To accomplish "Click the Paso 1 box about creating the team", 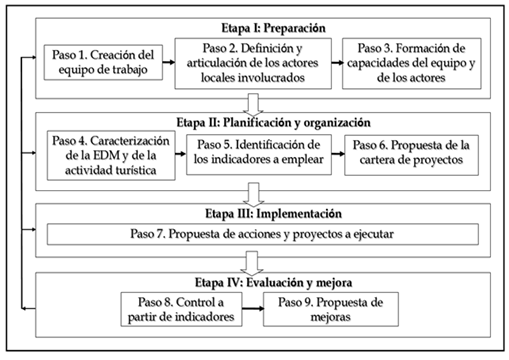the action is [x=103, y=62].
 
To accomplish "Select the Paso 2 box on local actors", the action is [x=253, y=63].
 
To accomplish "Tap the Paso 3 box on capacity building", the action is [x=412, y=63].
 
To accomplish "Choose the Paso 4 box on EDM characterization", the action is [x=111, y=155].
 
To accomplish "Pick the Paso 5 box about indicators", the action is [x=259, y=155].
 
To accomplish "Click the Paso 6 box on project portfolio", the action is [x=411, y=155].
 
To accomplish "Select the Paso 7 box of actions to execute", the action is [x=263, y=234].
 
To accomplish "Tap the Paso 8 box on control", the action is [x=181, y=309].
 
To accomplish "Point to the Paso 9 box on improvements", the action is [x=331, y=309].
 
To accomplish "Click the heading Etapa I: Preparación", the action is [x=273, y=28].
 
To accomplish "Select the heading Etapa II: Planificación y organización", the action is [x=273, y=122].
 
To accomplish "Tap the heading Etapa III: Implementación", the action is [x=273, y=214].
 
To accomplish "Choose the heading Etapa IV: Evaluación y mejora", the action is [x=273, y=283].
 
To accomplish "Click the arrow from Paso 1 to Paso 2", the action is [x=169, y=62].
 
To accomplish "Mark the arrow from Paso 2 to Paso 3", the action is [x=337, y=63].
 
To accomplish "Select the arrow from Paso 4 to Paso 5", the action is [x=181, y=154].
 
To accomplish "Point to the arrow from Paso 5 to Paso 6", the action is [x=338, y=154].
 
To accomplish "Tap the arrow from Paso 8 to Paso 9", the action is [x=253, y=308].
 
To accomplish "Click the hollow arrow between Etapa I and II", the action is [x=253, y=105].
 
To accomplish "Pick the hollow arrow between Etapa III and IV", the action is [x=253, y=263].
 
